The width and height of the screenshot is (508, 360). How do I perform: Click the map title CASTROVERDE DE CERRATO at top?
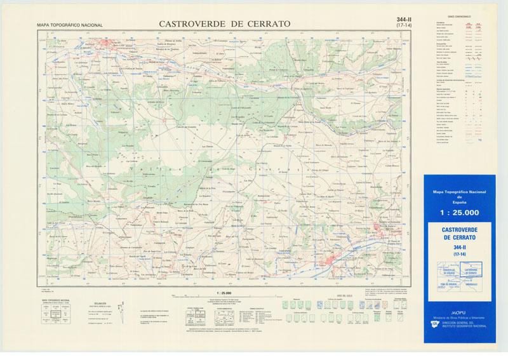pos(224,24)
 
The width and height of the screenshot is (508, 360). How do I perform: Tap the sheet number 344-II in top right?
pos(403,20)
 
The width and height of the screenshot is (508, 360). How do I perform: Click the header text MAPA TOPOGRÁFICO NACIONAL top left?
pos(70,25)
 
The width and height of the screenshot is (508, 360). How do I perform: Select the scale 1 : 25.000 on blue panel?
pos(459,213)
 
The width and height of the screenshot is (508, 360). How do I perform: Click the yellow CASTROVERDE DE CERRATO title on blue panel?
pos(459,232)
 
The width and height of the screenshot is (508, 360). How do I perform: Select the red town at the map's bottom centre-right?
pos(331,259)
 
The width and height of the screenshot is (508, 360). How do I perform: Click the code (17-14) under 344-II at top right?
pos(403,26)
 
